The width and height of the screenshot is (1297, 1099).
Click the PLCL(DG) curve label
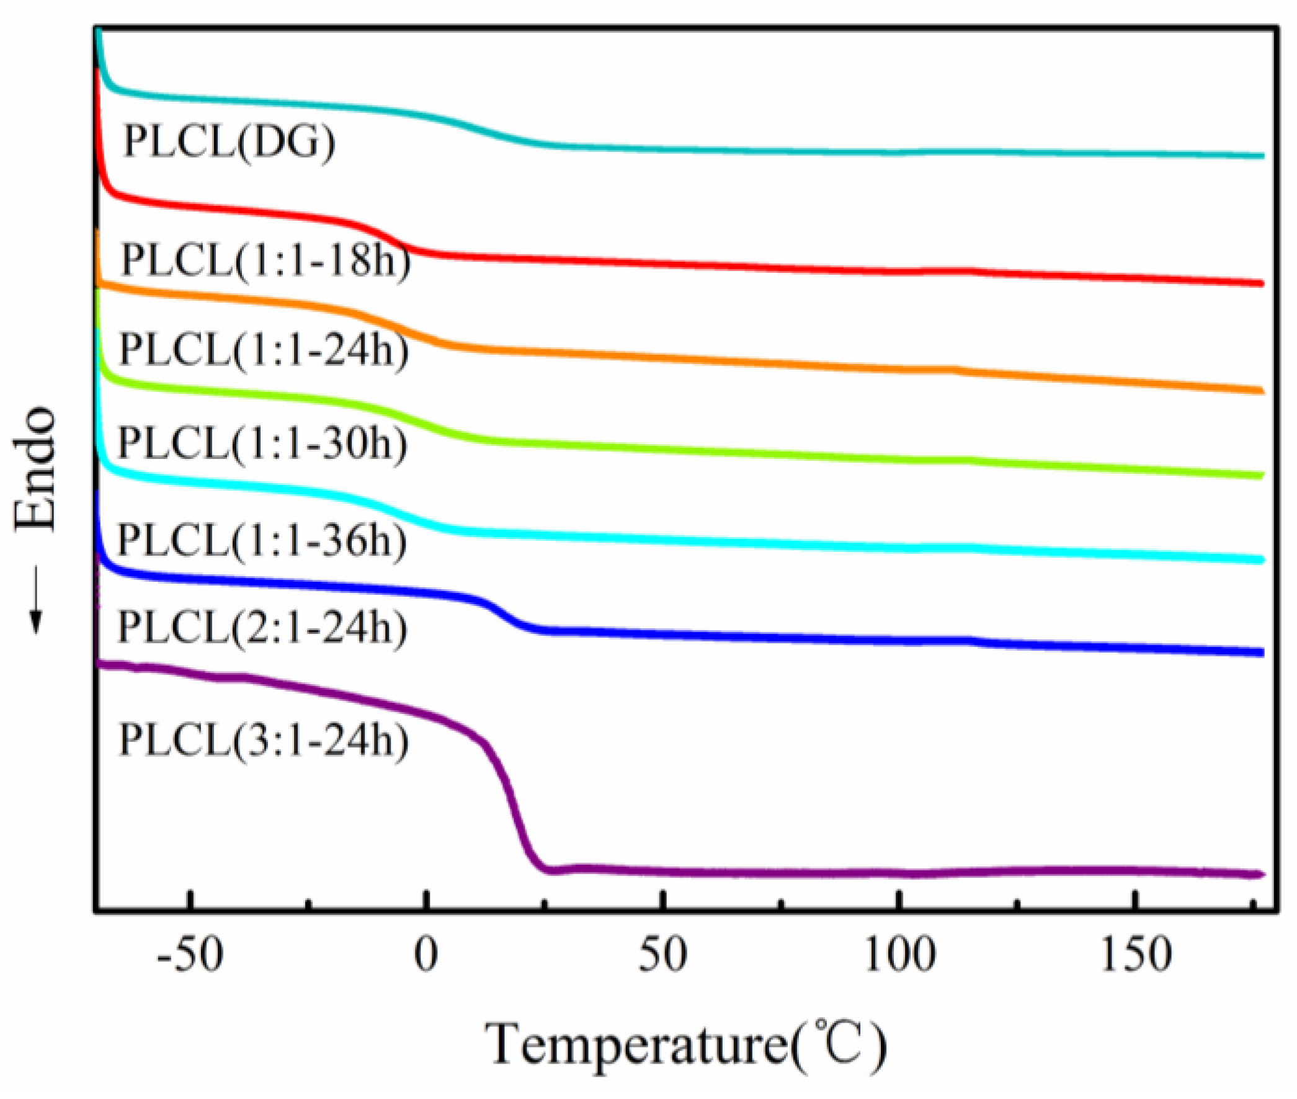click(230, 142)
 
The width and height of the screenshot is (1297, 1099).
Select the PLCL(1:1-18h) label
click(266, 260)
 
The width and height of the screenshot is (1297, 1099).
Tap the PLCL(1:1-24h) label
click(264, 350)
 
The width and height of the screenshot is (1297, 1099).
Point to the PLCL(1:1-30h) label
click(263, 443)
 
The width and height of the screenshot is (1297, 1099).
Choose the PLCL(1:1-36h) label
click(262, 540)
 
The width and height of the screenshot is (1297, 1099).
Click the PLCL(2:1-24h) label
click(263, 627)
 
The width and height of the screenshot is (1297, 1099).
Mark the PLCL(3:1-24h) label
click(264, 740)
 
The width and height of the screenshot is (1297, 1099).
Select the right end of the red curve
click(1260, 283)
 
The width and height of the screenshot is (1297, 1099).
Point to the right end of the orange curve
click(1260, 391)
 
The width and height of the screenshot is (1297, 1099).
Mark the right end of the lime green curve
click(1260, 475)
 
